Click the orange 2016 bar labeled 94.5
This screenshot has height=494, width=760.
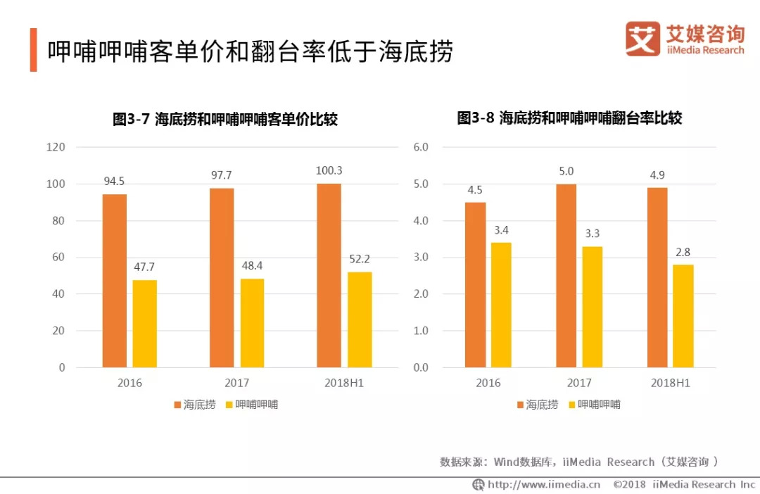point(115,281)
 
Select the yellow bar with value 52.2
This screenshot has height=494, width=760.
point(360,319)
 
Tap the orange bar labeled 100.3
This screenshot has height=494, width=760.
point(329,275)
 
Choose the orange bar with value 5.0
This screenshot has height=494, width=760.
point(566,275)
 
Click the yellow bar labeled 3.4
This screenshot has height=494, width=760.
point(501,305)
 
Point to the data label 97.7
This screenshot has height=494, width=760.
point(222,175)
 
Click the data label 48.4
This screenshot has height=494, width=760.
point(252,266)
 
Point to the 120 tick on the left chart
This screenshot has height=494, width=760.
point(56,147)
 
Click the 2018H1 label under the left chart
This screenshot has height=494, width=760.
point(344,384)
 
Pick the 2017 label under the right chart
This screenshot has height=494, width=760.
point(578,384)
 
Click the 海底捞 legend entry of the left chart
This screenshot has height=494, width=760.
point(194,405)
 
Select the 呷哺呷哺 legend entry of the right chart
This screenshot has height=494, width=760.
point(593,405)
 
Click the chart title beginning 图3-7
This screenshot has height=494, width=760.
point(225,119)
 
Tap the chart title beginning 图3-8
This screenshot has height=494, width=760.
point(569,118)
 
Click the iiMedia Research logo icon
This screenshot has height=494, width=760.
point(642,39)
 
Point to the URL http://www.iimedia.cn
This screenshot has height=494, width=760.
point(543,484)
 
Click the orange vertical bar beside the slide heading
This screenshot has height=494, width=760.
point(33,50)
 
